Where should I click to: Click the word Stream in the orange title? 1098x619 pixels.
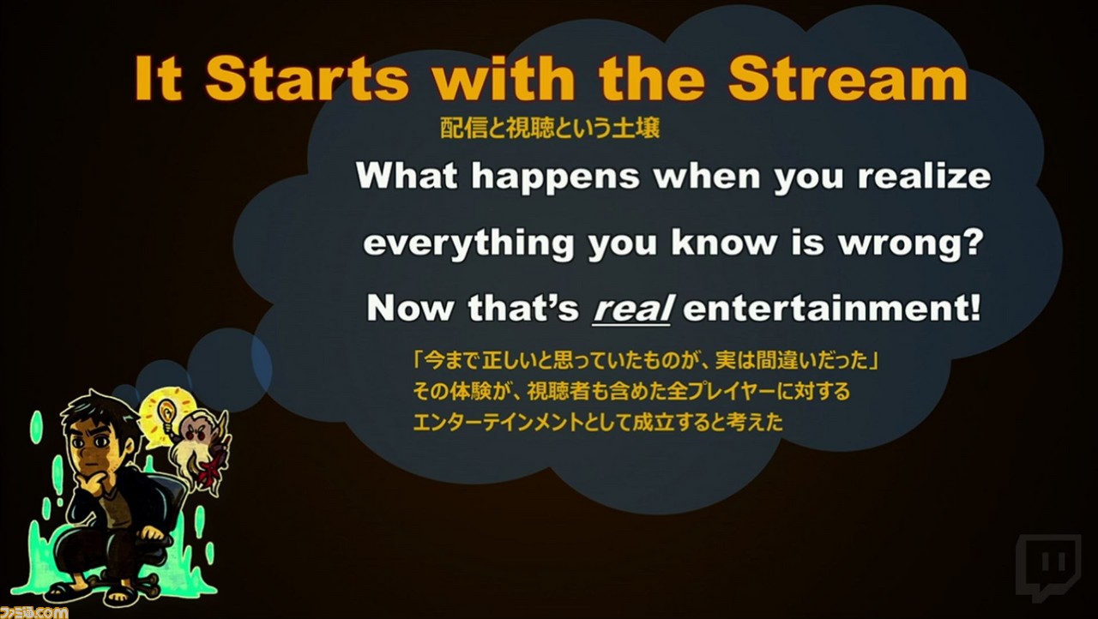point(848,79)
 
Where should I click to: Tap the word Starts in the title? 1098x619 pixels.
point(306,79)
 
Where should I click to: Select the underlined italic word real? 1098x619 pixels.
point(632,309)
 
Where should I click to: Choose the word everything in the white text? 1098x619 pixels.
point(468,243)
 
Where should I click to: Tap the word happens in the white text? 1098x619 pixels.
point(555,177)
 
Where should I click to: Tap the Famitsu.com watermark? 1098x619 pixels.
point(33,612)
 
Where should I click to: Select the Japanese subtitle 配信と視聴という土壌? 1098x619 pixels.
point(550,129)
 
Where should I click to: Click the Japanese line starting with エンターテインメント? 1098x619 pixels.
point(598,422)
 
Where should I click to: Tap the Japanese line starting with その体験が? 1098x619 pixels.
point(631,391)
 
